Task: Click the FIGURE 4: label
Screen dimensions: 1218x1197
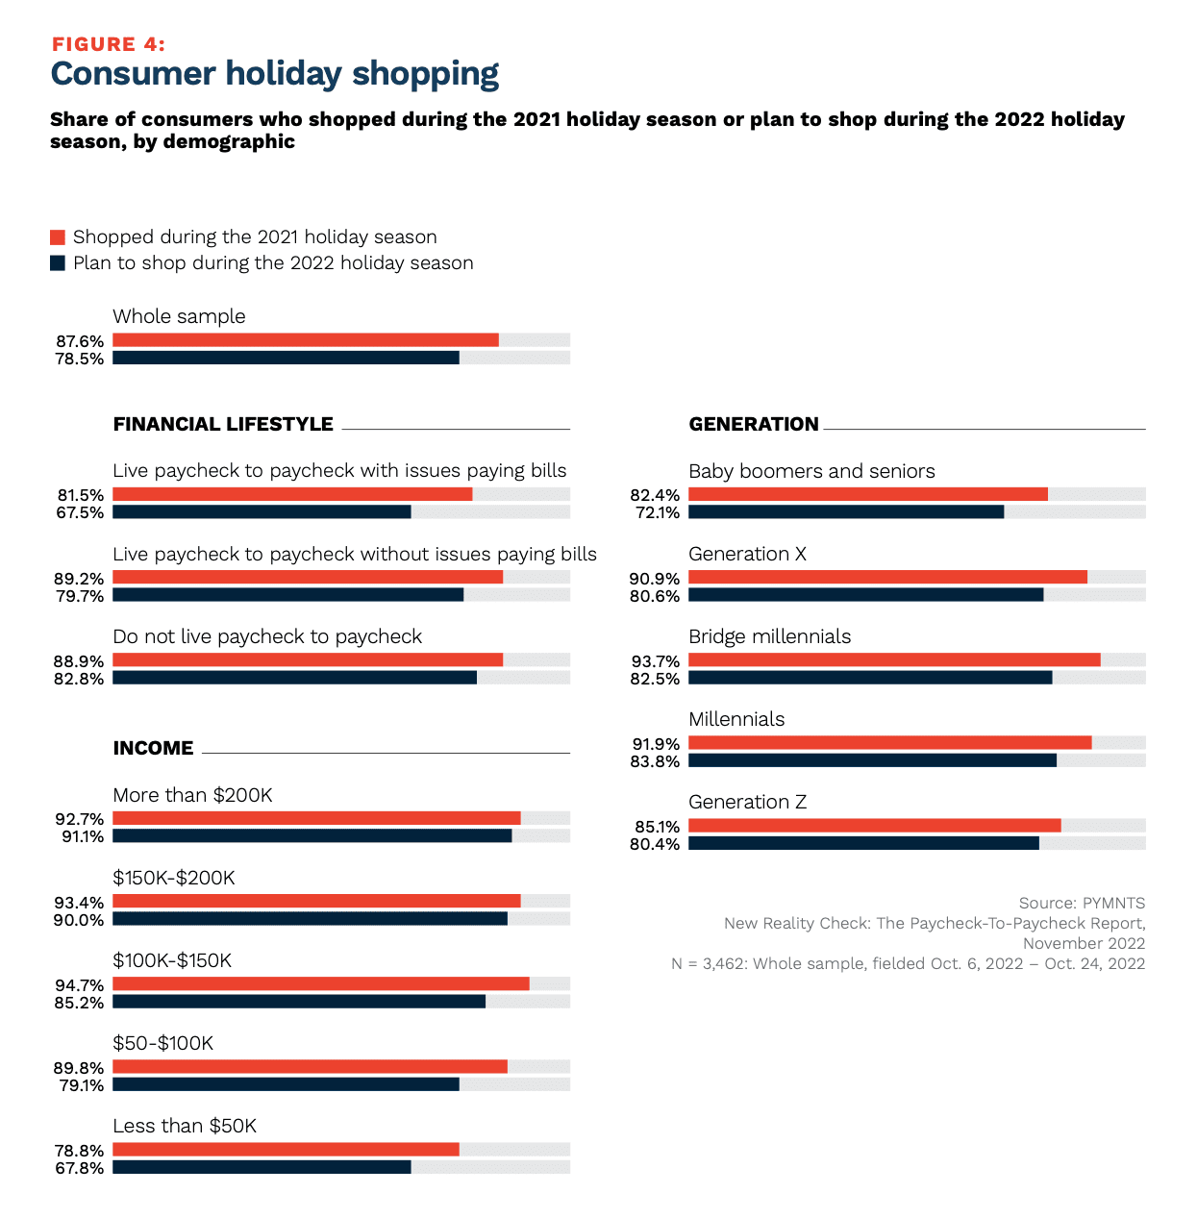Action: click(108, 44)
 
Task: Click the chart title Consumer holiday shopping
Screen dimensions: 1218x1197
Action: click(274, 74)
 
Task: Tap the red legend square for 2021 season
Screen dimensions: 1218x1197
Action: click(58, 237)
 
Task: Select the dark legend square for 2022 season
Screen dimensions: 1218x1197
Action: click(58, 263)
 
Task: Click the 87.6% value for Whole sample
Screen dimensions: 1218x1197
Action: click(80, 341)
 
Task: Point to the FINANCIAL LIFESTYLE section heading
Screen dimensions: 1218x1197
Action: click(223, 424)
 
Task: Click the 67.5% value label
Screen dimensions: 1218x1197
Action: click(80, 512)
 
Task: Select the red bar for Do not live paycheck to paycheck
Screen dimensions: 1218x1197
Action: click(308, 660)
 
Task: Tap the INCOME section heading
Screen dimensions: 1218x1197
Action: click(153, 748)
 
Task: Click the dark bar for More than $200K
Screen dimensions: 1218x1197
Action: click(312, 836)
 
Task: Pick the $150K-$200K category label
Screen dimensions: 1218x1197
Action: click(174, 878)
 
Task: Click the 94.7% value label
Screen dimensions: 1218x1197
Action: click(80, 985)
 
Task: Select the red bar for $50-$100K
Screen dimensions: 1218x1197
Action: click(310, 1067)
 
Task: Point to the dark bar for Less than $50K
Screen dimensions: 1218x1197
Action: click(262, 1167)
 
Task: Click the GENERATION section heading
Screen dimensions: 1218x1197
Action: click(754, 424)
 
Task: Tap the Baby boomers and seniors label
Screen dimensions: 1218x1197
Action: click(811, 471)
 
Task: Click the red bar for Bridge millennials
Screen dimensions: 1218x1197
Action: click(894, 660)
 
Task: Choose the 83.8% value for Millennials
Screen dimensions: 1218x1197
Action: click(656, 761)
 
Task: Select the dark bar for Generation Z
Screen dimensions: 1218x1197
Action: click(863, 844)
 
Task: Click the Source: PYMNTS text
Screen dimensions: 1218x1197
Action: click(1082, 903)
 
